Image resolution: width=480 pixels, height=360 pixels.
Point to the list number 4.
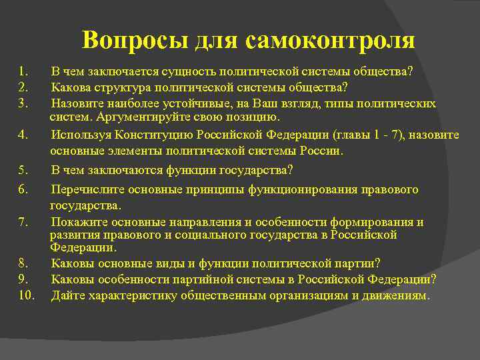tap(23, 135)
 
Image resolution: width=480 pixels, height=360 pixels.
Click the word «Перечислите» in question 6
tap(84, 190)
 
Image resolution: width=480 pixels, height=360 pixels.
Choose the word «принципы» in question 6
tap(219, 190)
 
